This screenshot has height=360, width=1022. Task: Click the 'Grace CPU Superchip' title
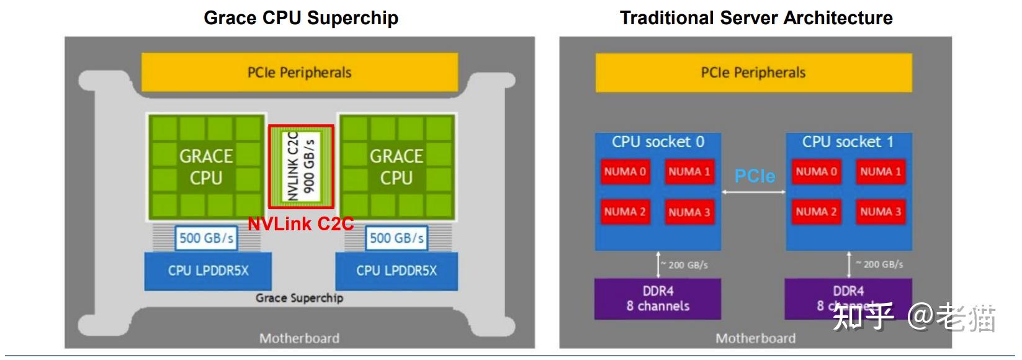pyautogui.click(x=301, y=17)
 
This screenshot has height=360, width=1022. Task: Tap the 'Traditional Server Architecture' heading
pyautogui.click(x=756, y=17)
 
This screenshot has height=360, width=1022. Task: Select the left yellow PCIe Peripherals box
pyautogui.click(x=300, y=73)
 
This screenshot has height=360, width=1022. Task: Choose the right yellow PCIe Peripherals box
pyautogui.click(x=753, y=73)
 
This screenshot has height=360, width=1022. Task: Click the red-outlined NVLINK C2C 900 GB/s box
pyautogui.click(x=301, y=166)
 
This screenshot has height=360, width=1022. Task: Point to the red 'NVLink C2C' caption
pyautogui.click(x=301, y=223)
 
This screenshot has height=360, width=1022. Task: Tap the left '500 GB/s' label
pyautogui.click(x=206, y=238)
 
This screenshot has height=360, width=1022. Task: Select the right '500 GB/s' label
pyautogui.click(x=397, y=238)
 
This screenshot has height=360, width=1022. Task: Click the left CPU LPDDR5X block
pyautogui.click(x=208, y=271)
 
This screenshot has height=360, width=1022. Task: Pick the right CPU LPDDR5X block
pyautogui.click(x=397, y=271)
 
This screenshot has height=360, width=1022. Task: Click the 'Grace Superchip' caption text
pyautogui.click(x=299, y=298)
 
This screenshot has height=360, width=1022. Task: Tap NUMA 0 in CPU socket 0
pyautogui.click(x=625, y=172)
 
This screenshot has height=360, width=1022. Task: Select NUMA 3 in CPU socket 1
pyautogui.click(x=880, y=212)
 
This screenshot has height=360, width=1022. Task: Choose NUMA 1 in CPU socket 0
pyautogui.click(x=689, y=172)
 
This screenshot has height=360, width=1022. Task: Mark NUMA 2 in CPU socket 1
pyautogui.click(x=816, y=212)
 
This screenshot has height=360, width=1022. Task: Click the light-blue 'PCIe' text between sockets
pyautogui.click(x=755, y=176)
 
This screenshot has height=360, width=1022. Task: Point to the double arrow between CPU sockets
pyautogui.click(x=753, y=192)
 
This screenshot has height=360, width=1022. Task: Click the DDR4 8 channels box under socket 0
pyautogui.click(x=658, y=299)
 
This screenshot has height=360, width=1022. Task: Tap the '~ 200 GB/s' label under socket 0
pyautogui.click(x=685, y=265)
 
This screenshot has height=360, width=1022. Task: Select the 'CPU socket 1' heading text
pyautogui.click(x=848, y=142)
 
